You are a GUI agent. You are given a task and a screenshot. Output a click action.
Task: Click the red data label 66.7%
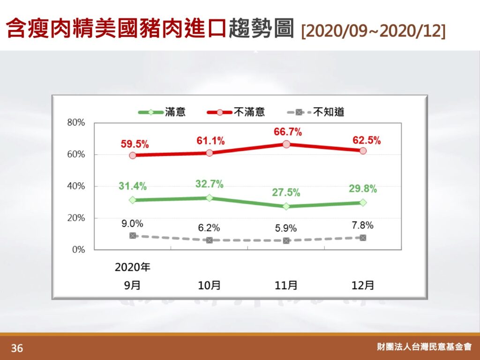click(287, 132)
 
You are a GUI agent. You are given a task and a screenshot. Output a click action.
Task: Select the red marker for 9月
click(133, 155)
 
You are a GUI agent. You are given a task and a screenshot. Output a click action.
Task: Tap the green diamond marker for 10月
click(210, 198)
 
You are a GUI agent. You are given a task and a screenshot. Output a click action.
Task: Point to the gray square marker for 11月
click(286, 240)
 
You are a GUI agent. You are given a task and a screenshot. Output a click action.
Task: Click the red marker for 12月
click(363, 150)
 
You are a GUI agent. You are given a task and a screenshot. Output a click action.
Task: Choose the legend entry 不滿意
click(236, 112)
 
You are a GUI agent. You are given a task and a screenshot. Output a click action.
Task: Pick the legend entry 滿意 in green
click(162, 112)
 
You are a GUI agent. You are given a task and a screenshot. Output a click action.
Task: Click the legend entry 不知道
click(315, 112)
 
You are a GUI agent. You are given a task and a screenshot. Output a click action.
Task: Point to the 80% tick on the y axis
click(76, 122)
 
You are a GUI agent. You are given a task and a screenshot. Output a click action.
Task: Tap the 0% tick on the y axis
click(79, 249)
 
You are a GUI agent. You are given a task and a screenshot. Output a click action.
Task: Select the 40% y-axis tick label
click(76, 186)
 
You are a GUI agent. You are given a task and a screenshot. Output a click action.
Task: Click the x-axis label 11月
click(286, 285)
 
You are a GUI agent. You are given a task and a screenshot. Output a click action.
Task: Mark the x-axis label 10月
click(210, 285)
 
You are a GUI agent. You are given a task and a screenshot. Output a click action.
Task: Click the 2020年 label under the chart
click(133, 267)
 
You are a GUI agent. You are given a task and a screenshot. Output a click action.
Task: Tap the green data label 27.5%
click(286, 193)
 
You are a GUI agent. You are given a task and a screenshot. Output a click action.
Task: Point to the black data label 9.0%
click(132, 224)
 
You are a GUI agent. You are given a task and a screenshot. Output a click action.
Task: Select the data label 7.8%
click(362, 225)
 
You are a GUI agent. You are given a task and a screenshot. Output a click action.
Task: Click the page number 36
click(17, 348)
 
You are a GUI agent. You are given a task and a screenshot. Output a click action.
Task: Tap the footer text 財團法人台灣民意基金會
click(424, 346)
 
